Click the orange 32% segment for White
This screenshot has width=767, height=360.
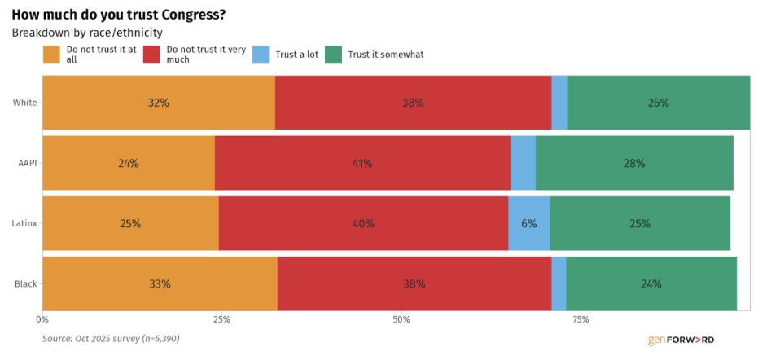159,103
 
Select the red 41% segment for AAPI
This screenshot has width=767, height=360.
362,163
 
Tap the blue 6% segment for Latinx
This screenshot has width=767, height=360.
529,223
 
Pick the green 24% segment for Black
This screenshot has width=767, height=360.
651,283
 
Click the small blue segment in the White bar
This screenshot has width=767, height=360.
559,103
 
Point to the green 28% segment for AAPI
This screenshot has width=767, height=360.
634,163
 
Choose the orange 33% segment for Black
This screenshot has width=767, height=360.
160,283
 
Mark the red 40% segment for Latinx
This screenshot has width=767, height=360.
363,223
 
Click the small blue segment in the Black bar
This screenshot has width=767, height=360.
559,283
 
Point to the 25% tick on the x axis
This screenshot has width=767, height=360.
221,320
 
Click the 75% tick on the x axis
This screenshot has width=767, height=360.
581,320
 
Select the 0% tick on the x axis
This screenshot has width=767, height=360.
42,320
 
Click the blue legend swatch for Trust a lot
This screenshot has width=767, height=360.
261,55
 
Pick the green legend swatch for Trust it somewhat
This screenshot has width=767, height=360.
334,55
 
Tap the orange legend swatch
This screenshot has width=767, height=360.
51,55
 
